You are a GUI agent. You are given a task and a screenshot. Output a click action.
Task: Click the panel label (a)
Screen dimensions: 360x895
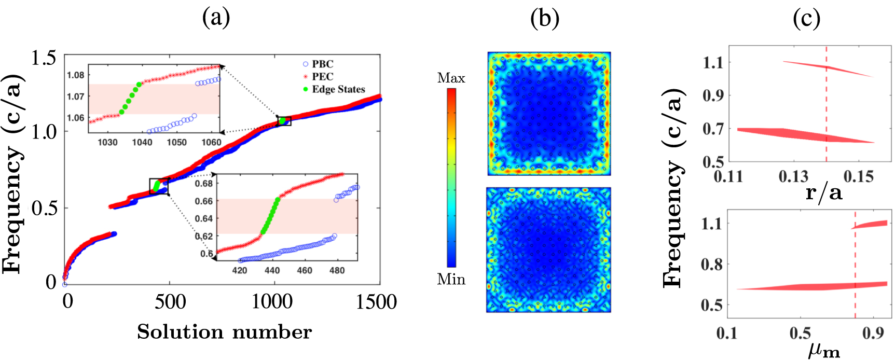point(216,18)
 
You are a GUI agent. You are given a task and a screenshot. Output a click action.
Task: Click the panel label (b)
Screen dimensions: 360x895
point(545,18)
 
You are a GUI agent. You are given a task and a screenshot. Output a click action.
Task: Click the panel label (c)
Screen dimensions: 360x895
point(807,18)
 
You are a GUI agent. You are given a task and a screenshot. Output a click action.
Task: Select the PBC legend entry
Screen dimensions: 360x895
point(322,64)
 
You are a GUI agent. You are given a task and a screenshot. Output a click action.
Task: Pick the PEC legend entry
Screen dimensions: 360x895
point(322,77)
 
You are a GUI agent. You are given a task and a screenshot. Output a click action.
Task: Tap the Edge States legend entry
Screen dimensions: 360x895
point(338,89)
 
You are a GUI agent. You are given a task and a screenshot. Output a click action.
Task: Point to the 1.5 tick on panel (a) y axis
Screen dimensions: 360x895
point(44,58)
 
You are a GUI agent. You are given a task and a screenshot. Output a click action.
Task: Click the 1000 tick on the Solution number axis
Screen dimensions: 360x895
point(272,302)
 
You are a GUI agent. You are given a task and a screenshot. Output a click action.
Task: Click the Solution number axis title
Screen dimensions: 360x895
point(224,332)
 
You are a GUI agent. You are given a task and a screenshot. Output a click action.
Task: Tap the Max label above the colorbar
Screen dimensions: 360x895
point(451,78)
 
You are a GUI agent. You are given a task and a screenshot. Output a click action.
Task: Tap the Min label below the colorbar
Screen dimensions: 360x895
point(451,280)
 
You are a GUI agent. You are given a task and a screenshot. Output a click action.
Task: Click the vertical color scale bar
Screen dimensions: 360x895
point(451,177)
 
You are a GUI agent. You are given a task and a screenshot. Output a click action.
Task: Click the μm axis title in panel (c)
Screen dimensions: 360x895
point(823,350)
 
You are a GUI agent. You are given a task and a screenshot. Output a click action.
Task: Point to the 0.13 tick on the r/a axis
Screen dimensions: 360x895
point(793,176)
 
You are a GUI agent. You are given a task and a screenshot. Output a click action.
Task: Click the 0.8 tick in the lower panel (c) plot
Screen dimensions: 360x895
point(712,265)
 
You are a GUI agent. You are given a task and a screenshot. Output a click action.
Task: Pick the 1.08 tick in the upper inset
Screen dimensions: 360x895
point(75,75)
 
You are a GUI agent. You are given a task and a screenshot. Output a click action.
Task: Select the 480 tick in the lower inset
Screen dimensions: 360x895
point(337,270)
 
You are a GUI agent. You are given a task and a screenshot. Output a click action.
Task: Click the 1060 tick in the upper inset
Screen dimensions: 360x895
point(211,142)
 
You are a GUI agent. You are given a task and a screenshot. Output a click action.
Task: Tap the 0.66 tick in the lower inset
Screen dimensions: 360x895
point(204,201)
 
